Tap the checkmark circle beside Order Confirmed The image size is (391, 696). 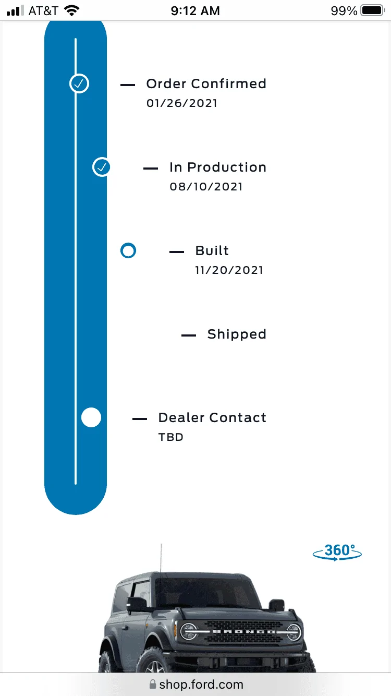[x=79, y=83]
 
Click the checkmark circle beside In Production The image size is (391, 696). [x=102, y=167]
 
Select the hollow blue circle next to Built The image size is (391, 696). [x=128, y=251]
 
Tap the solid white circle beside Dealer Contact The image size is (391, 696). [x=91, y=417]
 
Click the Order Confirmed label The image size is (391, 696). [x=206, y=84]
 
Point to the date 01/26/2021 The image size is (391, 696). [x=181, y=103]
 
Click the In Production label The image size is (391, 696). [x=218, y=167]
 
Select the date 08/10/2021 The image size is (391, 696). [x=206, y=187]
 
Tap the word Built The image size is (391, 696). [x=212, y=251]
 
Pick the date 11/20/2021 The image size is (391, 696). [x=229, y=270]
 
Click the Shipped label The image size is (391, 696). [x=237, y=334]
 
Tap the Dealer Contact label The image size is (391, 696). [x=212, y=417]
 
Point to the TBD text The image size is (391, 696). [x=171, y=437]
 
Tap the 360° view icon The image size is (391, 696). [x=337, y=552]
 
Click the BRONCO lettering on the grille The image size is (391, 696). [x=244, y=632]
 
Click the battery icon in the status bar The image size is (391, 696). [x=373, y=10]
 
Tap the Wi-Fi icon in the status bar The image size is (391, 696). [x=71, y=11]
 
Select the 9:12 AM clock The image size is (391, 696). [x=195, y=11]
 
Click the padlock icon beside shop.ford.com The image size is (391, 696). [x=152, y=684]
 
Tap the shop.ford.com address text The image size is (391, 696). [x=201, y=684]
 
